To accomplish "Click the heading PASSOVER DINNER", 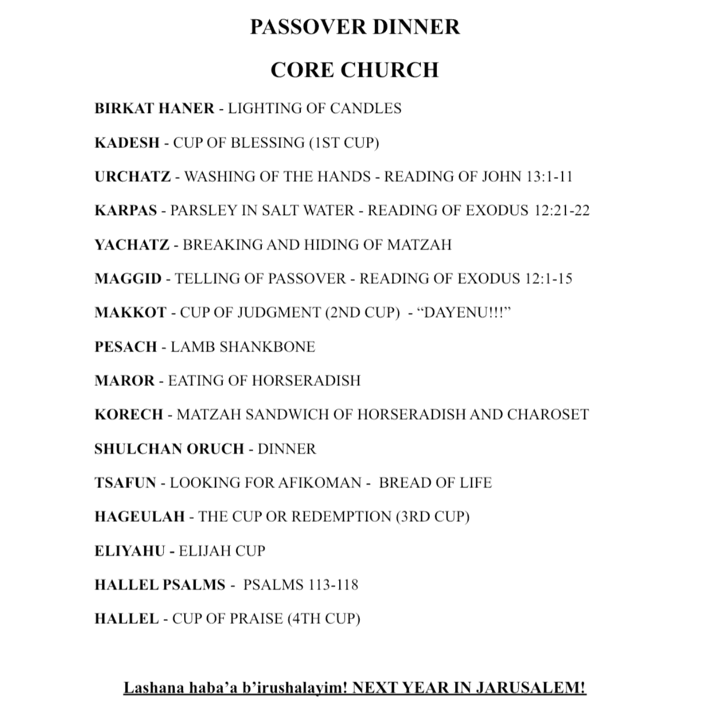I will tap(354, 27).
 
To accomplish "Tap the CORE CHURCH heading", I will tap(354, 70).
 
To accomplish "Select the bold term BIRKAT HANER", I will tap(154, 109).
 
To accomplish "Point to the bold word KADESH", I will tap(127, 143).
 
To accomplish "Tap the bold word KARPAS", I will tap(126, 210).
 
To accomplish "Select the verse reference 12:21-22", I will tap(561, 210).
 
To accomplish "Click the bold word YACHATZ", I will tap(132, 245).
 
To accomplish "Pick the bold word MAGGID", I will tap(128, 279).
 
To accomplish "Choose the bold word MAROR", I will tap(124, 381).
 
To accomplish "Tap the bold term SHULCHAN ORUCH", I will tap(169, 449).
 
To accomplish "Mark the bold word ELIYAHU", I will tap(130, 551).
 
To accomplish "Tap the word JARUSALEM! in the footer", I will tap(530, 688).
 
